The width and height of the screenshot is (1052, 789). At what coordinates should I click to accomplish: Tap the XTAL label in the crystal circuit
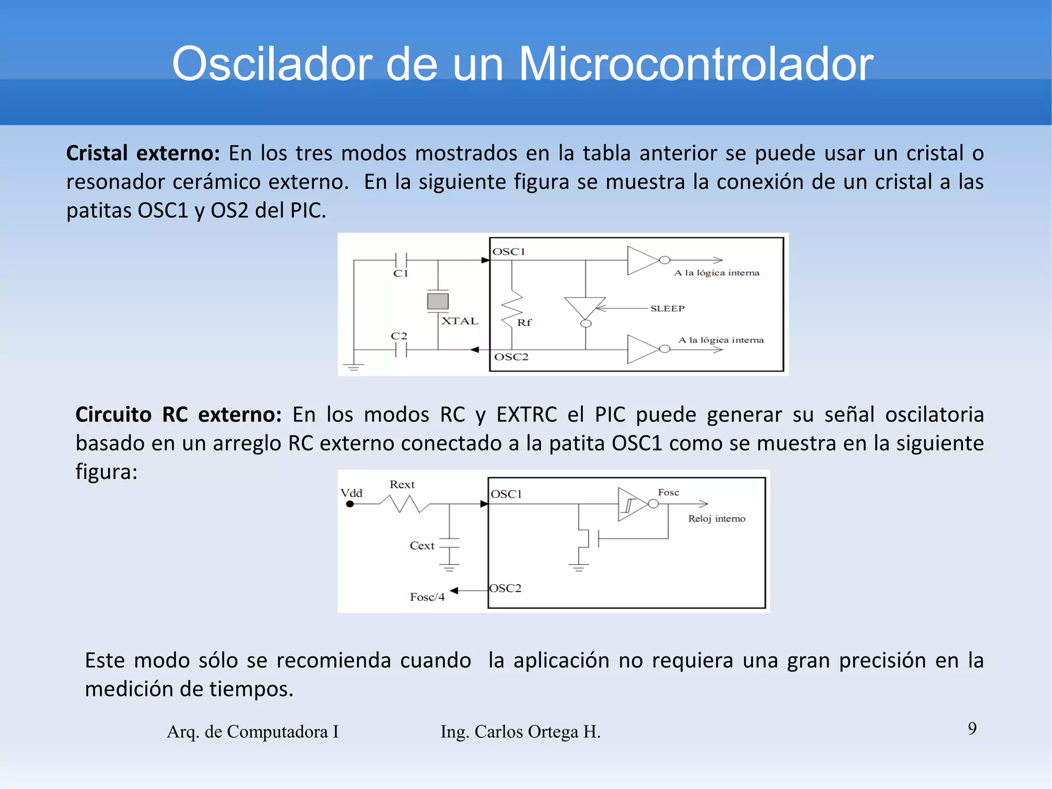click(x=460, y=321)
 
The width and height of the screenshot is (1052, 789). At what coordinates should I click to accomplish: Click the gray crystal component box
click(x=438, y=301)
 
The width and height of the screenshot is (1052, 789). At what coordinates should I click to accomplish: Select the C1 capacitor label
click(x=401, y=273)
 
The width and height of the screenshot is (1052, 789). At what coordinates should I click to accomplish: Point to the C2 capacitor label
click(x=399, y=336)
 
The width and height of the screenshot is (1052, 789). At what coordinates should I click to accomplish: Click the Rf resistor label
click(x=524, y=322)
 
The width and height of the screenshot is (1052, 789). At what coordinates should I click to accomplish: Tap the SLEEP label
click(x=667, y=308)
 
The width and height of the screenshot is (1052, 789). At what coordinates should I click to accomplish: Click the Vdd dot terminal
click(x=350, y=504)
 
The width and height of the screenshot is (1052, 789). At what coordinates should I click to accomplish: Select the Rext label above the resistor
click(x=402, y=484)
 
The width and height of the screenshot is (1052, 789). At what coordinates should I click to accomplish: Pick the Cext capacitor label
click(x=422, y=545)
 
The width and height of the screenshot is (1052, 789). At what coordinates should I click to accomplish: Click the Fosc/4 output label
click(x=427, y=597)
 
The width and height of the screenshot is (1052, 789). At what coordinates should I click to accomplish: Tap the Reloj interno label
click(x=717, y=519)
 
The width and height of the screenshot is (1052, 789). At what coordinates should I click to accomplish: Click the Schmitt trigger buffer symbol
click(x=631, y=504)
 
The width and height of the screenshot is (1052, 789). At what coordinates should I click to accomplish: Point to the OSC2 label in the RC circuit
click(x=505, y=588)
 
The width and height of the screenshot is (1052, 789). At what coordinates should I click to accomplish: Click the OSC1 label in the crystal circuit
click(x=509, y=251)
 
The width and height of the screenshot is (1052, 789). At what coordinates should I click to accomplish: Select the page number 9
click(x=972, y=728)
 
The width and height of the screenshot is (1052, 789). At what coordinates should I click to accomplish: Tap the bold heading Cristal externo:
click(x=143, y=153)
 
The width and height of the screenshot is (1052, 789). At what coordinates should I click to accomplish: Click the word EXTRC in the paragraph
click(x=526, y=414)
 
